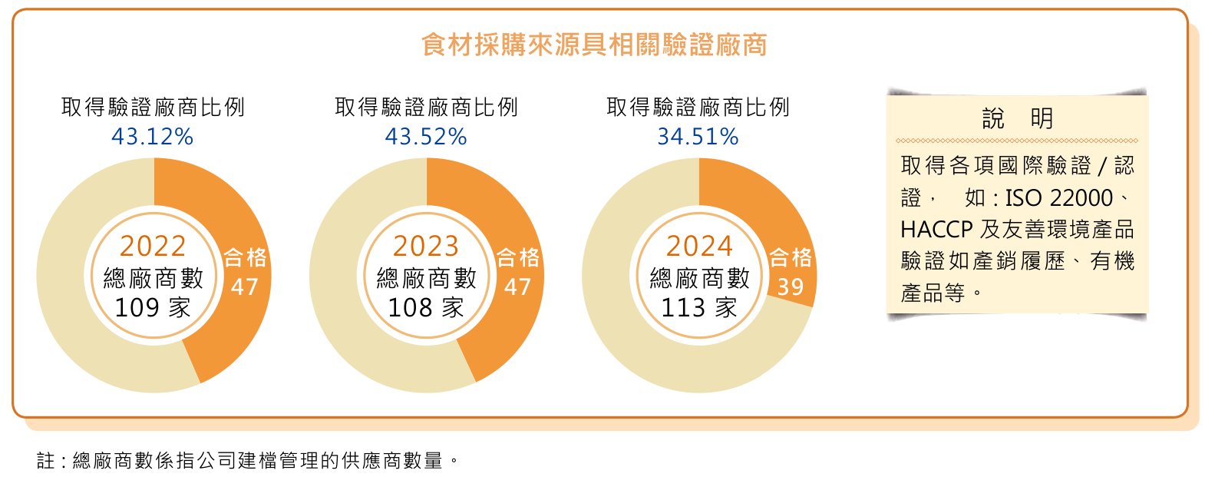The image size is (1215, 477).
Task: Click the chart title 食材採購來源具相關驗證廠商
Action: coord(594,45)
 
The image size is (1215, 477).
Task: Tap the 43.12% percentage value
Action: coord(152,137)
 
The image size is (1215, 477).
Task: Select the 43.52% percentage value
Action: coord(426,137)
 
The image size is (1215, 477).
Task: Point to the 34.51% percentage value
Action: coord(698,137)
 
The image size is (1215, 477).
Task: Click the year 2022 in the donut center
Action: coord(153,246)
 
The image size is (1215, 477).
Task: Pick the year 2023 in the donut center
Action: coord(426,246)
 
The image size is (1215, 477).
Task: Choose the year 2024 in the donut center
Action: coord(699,246)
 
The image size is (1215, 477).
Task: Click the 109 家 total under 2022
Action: coord(153,308)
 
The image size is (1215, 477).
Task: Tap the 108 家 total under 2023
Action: coord(426,308)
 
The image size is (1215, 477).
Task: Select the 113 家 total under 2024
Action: coord(699,308)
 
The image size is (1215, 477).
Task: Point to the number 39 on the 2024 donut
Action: coord(791,287)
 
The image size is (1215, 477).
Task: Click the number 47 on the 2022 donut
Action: coord(245,287)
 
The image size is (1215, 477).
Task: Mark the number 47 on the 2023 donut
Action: coord(518,287)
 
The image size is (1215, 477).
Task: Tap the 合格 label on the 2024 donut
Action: coord(791,257)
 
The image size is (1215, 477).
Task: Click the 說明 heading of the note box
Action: coord(1017,118)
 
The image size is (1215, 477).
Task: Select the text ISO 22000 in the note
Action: coord(1058,198)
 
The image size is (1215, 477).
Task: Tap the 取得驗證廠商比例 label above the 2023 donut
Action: coord(426,108)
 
